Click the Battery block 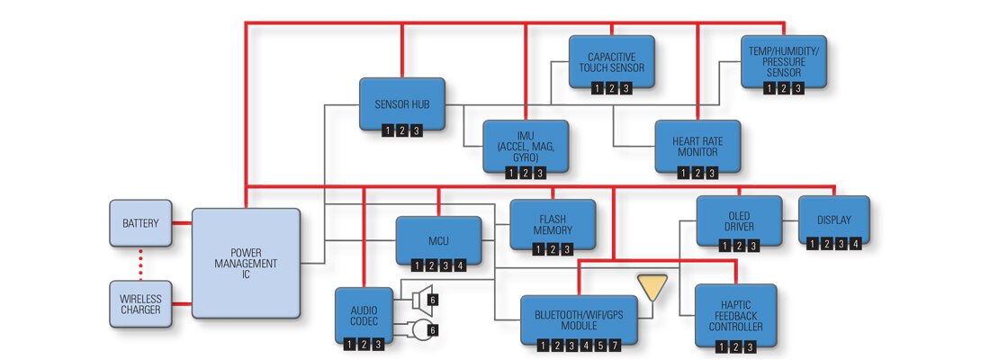click(x=139, y=222)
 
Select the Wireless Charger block click(x=139, y=303)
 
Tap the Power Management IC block click(x=246, y=262)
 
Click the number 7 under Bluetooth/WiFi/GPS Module click(x=616, y=345)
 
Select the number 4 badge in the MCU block click(x=461, y=265)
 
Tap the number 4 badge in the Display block click(x=856, y=243)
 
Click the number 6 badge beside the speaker click(x=433, y=299)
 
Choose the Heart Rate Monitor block click(x=697, y=147)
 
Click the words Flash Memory click(x=552, y=224)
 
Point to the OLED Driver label click(x=739, y=220)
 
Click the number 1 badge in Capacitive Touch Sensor click(x=597, y=87)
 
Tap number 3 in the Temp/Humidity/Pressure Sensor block click(x=796, y=87)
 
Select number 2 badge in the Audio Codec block click(x=364, y=345)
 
